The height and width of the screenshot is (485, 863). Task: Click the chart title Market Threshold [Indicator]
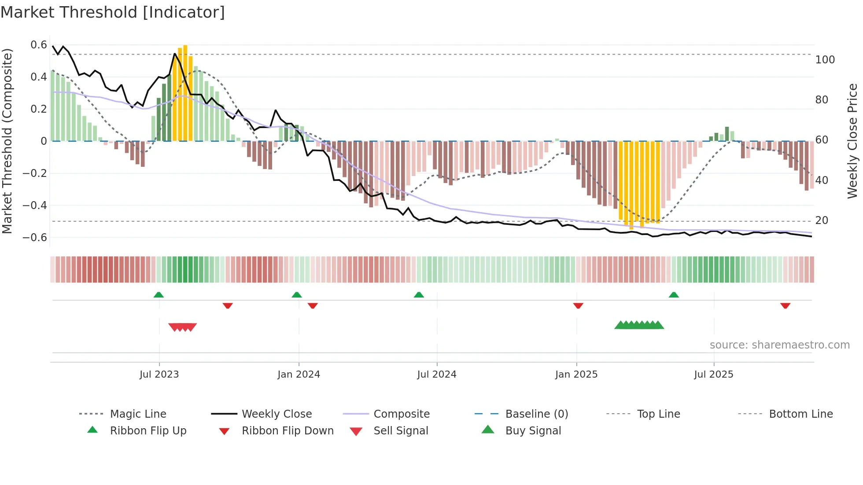point(113,12)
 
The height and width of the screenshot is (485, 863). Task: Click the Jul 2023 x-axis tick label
point(159,375)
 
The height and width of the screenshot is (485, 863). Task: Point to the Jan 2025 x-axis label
point(576,375)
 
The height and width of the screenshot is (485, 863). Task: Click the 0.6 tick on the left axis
point(39,45)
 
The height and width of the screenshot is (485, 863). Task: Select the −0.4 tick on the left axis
point(35,206)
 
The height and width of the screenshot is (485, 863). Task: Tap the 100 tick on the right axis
point(825,60)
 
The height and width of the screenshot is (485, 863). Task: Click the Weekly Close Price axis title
point(852,141)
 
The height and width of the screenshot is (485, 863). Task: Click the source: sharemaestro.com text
point(779,345)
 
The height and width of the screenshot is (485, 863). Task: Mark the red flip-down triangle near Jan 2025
point(578,305)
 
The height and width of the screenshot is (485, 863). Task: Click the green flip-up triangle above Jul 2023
point(159,295)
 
